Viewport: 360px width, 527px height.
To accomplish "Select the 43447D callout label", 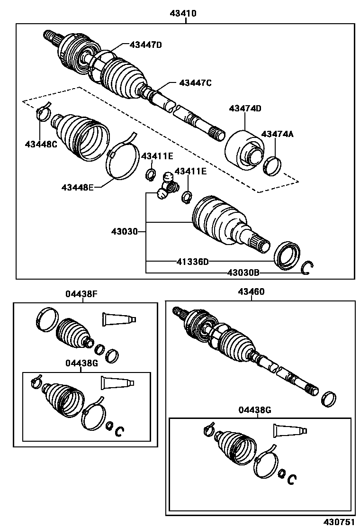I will tap(146, 45).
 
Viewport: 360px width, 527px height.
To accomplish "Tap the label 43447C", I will tap(195, 82).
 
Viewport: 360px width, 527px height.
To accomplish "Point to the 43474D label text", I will tap(245, 109).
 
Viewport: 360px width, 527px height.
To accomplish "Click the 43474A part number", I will tap(277, 134).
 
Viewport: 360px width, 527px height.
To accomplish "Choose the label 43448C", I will tap(41, 144).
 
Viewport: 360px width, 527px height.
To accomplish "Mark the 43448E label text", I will tap(77, 187).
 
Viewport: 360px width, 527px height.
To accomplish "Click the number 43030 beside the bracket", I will tap(124, 232).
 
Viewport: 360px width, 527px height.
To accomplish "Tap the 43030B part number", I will tap(243, 273).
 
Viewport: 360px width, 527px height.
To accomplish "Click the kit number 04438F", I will tap(81, 294).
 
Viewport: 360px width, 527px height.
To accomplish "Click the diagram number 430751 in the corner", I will tap(339, 521).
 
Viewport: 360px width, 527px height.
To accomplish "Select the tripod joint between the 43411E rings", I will tap(167, 186).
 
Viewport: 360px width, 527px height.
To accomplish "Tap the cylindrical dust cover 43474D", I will tap(243, 149).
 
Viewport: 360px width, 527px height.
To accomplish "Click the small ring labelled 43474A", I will tap(272, 165).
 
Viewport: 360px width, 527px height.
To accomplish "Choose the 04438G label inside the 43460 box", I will tap(255, 410).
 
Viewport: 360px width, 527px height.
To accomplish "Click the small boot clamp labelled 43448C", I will tap(43, 113).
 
